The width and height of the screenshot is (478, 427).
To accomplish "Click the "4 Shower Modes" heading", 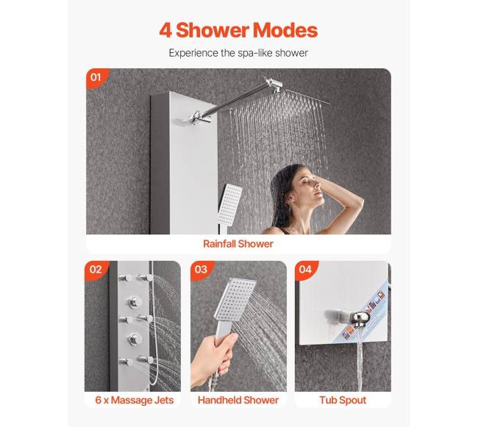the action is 238,30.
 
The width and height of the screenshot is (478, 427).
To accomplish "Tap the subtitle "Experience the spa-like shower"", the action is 238,53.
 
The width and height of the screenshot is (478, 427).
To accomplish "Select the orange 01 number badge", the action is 96,77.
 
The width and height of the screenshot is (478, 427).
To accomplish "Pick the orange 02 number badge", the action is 96,270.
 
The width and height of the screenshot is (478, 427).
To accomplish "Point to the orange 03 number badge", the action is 201,270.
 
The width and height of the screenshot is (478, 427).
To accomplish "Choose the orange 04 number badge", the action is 305,270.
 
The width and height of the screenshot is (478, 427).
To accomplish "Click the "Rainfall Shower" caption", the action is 238,244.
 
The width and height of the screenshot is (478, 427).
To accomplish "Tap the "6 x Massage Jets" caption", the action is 135,400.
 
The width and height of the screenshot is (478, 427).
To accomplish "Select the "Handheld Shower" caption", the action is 238,400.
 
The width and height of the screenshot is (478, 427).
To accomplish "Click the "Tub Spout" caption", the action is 343,400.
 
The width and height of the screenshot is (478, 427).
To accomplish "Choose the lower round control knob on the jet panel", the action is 134,340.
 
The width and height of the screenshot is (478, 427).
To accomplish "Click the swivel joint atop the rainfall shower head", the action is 274,85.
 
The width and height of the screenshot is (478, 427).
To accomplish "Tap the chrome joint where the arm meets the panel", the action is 198,118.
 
